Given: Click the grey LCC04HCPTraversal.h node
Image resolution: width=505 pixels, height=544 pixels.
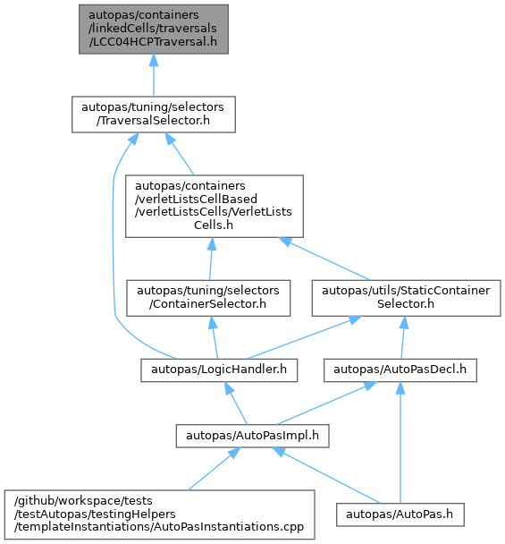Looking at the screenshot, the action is click(154, 30).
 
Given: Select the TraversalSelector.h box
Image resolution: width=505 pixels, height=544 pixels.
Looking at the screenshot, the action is click(154, 115).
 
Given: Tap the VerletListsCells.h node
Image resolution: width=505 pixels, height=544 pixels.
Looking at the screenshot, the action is click(215, 206).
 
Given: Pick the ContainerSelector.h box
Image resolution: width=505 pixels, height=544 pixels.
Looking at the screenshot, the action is click(208, 298).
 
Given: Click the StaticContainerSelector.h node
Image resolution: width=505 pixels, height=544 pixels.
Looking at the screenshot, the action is click(406, 298).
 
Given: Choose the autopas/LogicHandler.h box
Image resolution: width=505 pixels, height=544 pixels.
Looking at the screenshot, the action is click(219, 370).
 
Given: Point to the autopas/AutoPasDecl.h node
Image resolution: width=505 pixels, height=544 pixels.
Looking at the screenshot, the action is click(400, 370).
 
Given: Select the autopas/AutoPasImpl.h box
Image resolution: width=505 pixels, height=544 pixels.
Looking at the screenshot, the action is click(252, 436).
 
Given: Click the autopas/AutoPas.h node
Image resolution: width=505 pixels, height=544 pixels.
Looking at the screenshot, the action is click(400, 514).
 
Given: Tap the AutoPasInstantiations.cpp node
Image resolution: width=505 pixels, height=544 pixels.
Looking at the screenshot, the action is click(160, 514).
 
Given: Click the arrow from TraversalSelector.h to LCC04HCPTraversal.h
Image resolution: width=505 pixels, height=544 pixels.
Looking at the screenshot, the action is click(154, 75).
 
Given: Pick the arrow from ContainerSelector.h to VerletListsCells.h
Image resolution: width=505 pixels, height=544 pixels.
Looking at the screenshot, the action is click(211, 259).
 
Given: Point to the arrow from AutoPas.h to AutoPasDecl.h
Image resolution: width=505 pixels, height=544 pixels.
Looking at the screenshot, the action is click(400, 442).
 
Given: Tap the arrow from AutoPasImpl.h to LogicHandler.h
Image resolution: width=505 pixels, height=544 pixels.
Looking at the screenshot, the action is click(236, 404).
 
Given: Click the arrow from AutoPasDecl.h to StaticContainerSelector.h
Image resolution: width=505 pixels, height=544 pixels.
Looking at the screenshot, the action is click(403, 337).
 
